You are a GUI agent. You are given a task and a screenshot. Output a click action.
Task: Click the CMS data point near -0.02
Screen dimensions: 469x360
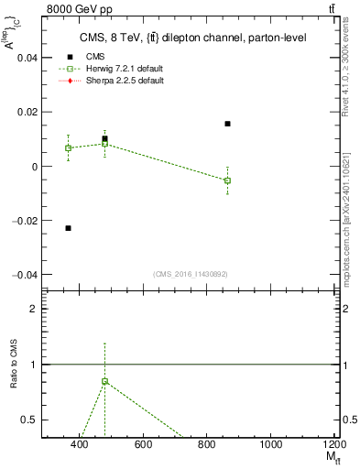click(68, 227)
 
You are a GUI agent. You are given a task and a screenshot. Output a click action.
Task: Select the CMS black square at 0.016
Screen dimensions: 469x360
click(227, 124)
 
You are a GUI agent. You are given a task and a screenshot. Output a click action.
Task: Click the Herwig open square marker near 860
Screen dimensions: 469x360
click(227, 180)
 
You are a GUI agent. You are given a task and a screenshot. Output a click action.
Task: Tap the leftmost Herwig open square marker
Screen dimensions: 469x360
click(68, 147)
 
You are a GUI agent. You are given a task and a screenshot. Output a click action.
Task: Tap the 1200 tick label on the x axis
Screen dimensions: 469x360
click(334, 445)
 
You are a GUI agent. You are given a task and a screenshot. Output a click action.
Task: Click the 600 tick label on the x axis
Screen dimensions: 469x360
click(143, 445)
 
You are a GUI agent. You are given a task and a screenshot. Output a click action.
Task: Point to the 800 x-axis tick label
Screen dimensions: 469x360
click(207, 445)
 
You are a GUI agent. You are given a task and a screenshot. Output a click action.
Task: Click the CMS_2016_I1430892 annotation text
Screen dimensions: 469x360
click(190, 274)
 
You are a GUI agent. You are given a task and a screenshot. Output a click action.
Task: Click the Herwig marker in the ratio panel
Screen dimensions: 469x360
click(105, 381)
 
